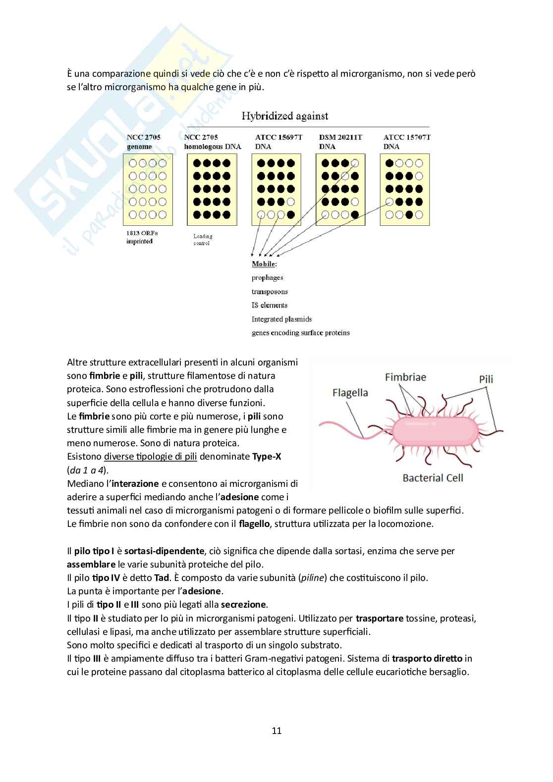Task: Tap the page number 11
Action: coord(276,730)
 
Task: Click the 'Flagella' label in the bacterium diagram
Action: coord(350,393)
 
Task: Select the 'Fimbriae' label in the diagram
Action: coord(405,377)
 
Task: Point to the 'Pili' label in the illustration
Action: coord(486,379)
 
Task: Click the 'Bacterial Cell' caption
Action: coord(433,478)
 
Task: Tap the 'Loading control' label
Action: coord(203,240)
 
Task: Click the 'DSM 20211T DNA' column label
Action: coord(340,142)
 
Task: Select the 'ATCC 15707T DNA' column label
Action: coord(406,142)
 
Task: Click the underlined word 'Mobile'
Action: coord(263,264)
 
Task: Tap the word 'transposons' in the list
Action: coord(270,292)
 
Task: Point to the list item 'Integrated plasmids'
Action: coord(281,319)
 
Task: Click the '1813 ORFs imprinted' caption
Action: coord(142,237)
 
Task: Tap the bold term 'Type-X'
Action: coord(267,457)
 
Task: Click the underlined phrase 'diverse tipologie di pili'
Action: coord(151,457)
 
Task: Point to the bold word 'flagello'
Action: coord(255,523)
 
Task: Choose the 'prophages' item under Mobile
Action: coord(268,278)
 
